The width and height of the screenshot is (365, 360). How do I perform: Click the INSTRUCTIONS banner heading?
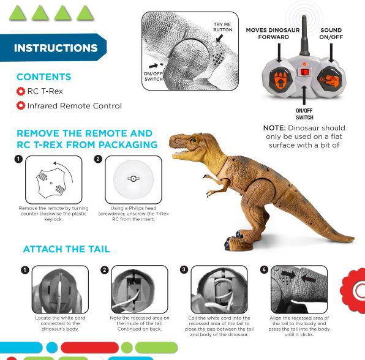(x=55, y=48)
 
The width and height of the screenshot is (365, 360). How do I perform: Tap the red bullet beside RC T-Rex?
(x=21, y=91)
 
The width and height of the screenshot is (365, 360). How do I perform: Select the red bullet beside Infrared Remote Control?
(x=21, y=106)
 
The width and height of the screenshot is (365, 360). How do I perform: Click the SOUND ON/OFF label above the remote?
(x=331, y=34)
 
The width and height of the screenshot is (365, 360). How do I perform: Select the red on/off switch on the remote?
(x=304, y=72)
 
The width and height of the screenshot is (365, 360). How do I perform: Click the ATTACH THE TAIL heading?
(x=66, y=249)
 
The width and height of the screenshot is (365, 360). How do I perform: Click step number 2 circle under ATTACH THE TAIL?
(x=105, y=270)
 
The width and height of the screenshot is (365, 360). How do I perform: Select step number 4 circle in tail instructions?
(x=265, y=270)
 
